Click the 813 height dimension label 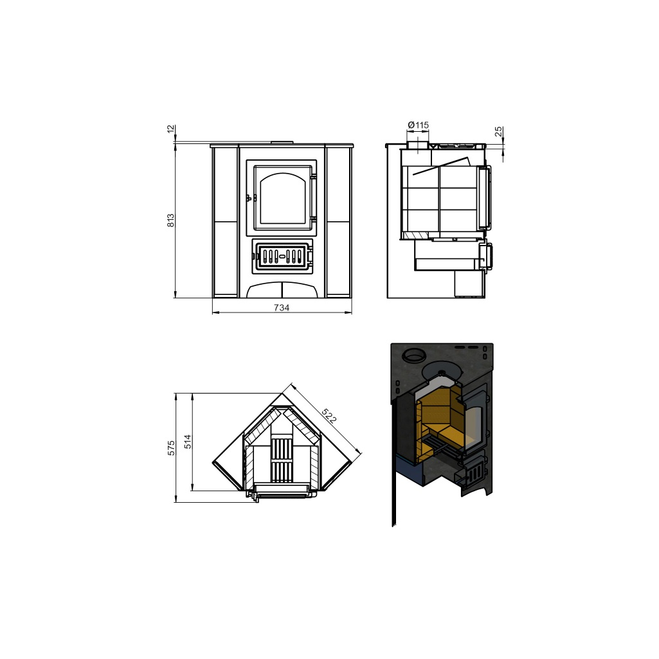click(170, 221)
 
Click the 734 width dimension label click(282, 308)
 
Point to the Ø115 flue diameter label click(418, 125)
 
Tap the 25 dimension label click(498, 132)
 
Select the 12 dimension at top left click(170, 129)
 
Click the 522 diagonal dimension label click(329, 415)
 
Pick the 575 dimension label click(170, 448)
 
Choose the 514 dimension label click(188, 442)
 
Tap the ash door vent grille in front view click(282, 256)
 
